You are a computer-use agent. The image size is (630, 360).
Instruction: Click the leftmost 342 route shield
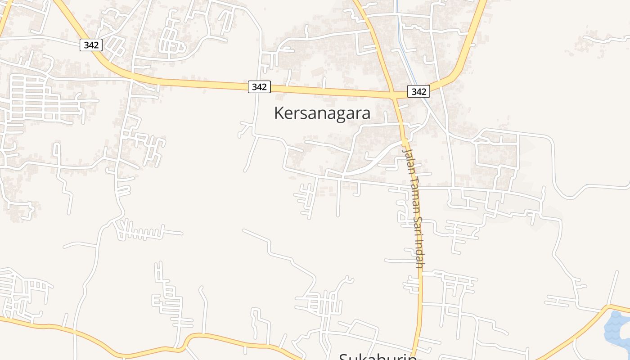click(91, 45)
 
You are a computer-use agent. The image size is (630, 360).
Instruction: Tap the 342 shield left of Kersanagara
click(259, 87)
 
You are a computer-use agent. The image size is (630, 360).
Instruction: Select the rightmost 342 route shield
click(418, 91)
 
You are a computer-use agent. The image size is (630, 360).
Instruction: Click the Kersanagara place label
click(322, 113)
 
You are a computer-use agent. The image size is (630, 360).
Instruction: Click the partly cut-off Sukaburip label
click(377, 356)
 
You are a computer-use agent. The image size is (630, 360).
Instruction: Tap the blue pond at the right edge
click(616, 328)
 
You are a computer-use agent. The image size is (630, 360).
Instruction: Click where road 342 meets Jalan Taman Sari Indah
click(394, 95)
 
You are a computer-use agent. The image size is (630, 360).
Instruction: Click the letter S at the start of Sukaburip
click(343, 357)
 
